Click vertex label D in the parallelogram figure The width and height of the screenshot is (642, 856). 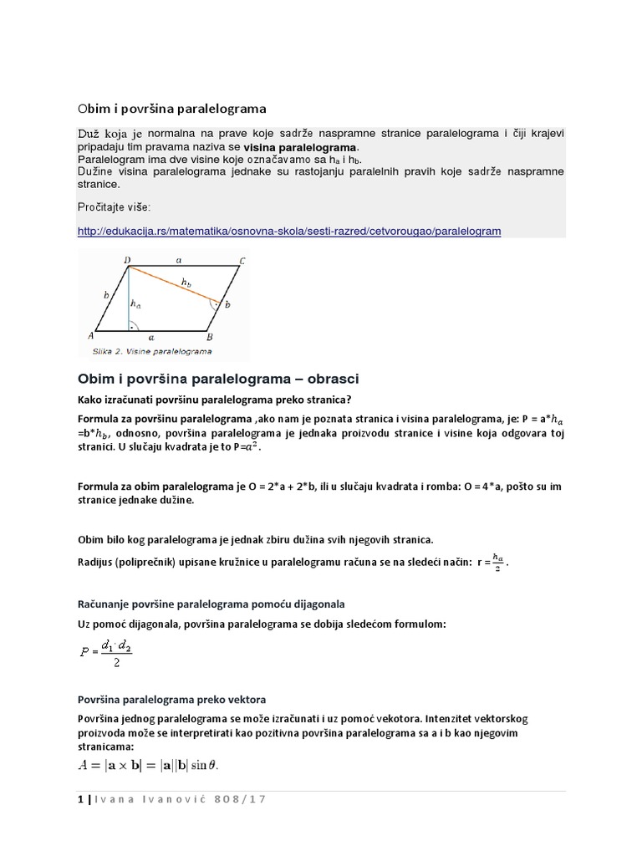coord(127,261)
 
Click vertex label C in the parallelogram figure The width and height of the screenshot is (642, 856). coord(242,262)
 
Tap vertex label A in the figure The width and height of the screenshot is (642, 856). coord(89,335)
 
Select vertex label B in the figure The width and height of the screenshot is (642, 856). coord(209,336)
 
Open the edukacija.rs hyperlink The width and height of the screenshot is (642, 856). coord(288,231)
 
